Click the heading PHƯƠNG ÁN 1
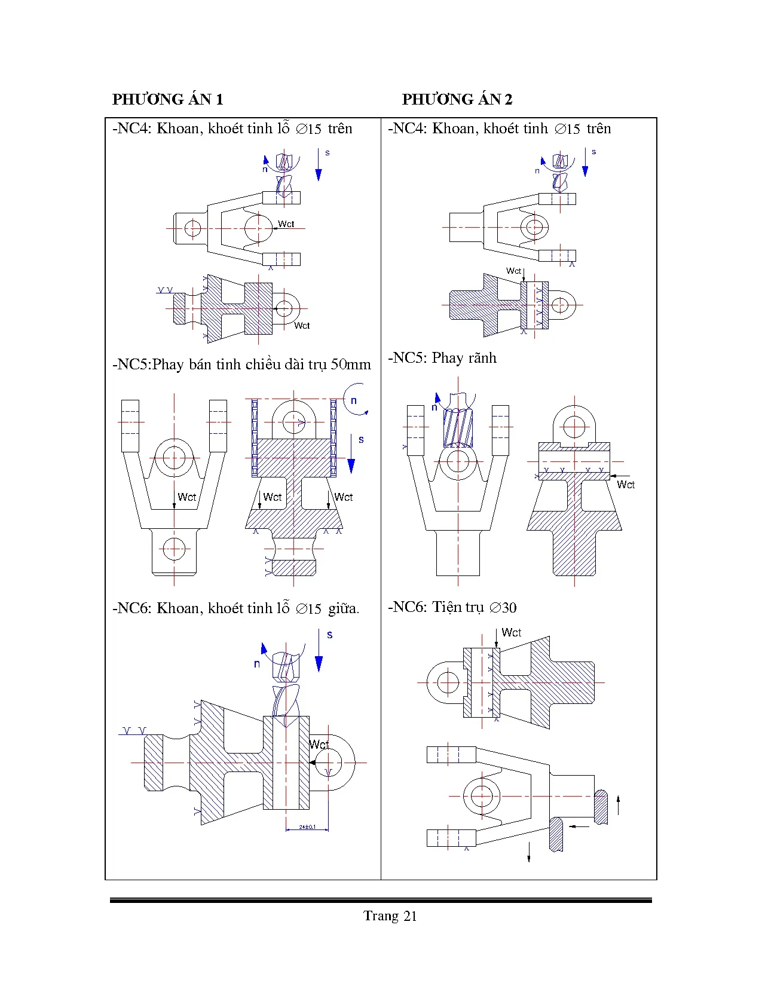tap(168, 99)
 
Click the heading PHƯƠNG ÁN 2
tap(457, 99)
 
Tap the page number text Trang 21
tap(390, 916)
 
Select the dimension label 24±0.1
tap(307, 827)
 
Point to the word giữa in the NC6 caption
tap(344, 608)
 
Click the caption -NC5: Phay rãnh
tap(442, 358)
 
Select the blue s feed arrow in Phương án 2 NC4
tap(585, 163)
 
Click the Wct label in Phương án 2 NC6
tap(511, 632)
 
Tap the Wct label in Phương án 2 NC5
tap(626, 485)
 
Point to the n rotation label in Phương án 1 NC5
tap(354, 400)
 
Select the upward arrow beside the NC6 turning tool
tap(618, 805)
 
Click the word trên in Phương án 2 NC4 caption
tap(599, 128)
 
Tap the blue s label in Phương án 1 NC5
tap(361, 440)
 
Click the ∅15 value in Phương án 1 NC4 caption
tap(309, 129)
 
